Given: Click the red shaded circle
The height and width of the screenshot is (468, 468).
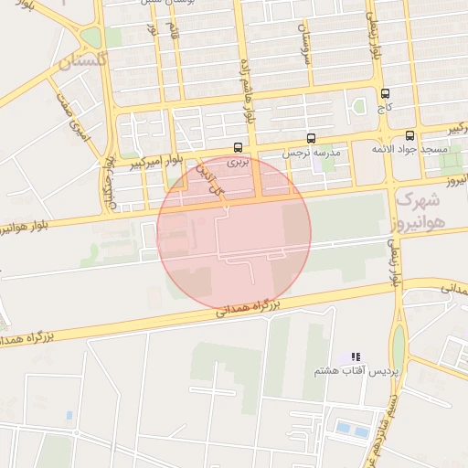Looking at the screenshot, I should [x=234, y=232].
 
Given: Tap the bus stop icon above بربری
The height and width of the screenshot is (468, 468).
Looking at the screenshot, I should [x=239, y=146].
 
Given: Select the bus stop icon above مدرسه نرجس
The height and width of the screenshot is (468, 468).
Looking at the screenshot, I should [x=312, y=139].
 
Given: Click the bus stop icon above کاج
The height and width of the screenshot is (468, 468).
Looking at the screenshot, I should [x=385, y=93].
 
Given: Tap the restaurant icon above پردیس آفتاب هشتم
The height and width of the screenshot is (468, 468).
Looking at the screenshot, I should [x=356, y=356].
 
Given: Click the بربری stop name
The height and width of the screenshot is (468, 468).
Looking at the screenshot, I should [x=238, y=160].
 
